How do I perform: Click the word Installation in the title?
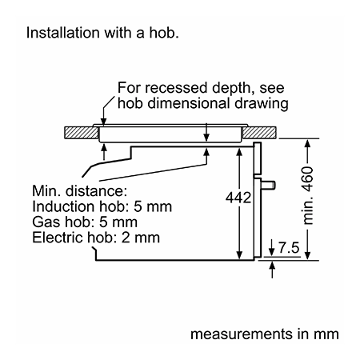63,33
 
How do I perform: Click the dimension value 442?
238,198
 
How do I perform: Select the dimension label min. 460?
308,195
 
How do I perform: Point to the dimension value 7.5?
289,248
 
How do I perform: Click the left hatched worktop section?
82,133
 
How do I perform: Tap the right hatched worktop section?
259,133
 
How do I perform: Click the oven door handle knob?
268,185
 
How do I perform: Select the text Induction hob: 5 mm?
102,206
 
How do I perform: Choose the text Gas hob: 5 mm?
85,222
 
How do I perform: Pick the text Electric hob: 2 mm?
96,238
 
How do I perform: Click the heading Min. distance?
80,191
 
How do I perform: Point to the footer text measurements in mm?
265,334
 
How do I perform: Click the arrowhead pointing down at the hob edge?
103,122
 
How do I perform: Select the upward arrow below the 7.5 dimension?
272,270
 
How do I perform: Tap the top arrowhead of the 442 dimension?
239,152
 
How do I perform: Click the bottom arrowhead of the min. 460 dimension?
307,255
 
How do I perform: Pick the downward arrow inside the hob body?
206,132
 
